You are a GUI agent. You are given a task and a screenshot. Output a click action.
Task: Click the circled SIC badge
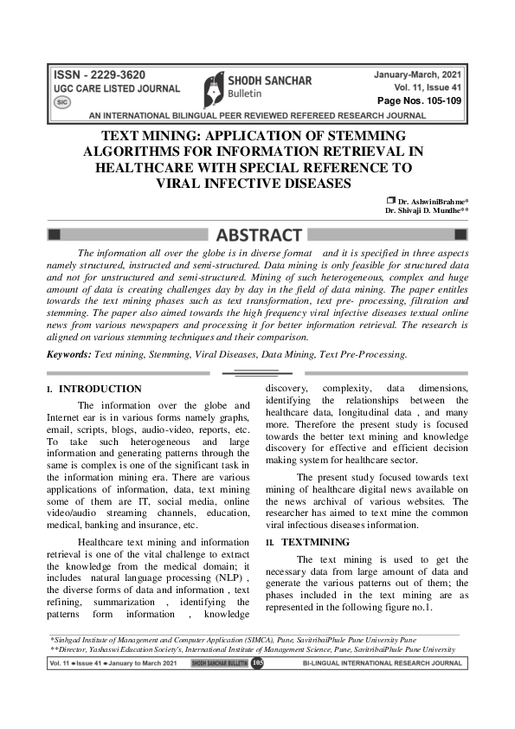click(x=61, y=101)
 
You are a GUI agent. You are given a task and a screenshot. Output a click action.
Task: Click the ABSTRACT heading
click(x=258, y=235)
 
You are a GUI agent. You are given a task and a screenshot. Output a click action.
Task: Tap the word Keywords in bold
click(x=68, y=354)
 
